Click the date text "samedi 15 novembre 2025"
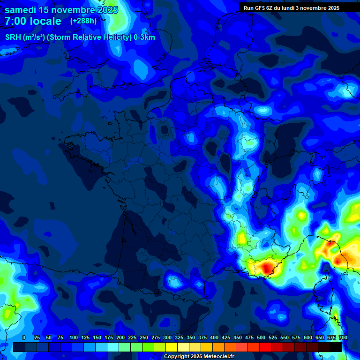[61, 10]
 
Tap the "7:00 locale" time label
[33, 21]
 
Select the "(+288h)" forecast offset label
[83, 21]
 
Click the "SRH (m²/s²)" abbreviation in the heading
[25, 37]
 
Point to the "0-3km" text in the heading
[144, 37]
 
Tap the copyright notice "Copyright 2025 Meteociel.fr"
[199, 357]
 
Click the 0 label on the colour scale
[24, 337]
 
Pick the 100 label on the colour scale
[74, 337]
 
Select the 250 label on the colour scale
[144, 337]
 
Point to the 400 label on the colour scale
[214, 337]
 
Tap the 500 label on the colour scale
[261, 337]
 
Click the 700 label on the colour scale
[343, 337]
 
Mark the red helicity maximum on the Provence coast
[266, 268]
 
